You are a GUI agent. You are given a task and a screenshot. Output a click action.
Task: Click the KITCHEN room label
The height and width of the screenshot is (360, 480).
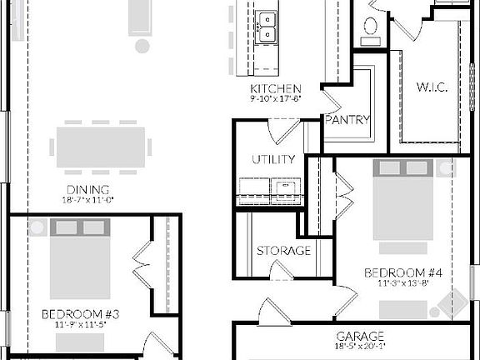[x=275, y=88]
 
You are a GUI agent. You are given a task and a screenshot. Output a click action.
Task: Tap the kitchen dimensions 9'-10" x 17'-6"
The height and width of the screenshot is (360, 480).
[x=275, y=98]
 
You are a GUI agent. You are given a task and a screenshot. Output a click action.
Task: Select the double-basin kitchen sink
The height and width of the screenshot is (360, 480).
[x=267, y=27]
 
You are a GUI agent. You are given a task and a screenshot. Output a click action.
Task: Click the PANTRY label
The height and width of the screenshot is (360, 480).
[x=347, y=119]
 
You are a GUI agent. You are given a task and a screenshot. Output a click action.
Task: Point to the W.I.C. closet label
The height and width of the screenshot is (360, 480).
[x=432, y=87]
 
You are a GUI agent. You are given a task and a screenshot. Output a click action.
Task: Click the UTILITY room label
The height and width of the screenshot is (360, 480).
[x=273, y=159]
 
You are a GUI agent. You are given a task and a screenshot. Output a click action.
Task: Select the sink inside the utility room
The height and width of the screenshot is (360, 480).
[x=286, y=187]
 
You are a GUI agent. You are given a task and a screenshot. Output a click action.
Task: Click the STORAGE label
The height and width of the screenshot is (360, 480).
[x=283, y=250]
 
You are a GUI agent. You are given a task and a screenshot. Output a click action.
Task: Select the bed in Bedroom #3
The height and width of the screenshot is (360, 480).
[x=80, y=257]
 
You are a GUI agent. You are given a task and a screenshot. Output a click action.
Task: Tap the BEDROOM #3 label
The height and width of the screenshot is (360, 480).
[x=81, y=314]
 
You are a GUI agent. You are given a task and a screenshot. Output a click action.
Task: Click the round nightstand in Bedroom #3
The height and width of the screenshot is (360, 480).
[x=36, y=227]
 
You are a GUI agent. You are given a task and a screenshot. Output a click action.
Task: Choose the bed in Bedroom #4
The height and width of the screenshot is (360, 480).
[x=404, y=205]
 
